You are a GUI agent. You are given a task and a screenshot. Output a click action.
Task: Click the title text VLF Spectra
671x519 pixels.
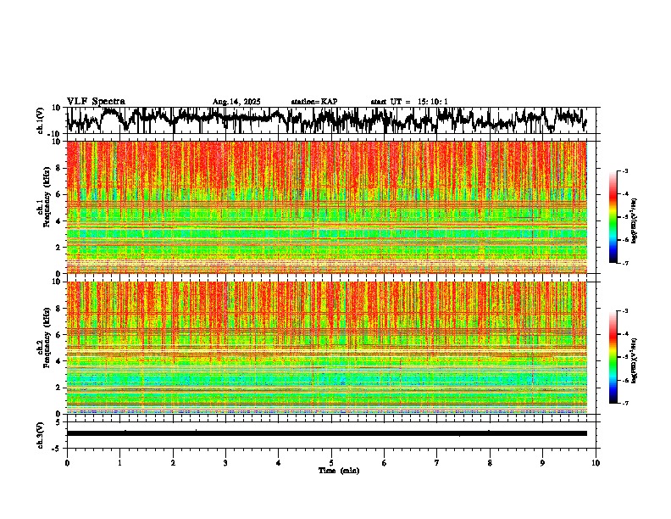coord(96,101)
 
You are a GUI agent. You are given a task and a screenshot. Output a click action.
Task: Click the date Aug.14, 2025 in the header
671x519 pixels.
coord(236,102)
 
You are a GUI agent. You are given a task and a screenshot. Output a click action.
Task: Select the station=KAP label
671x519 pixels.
coord(313,102)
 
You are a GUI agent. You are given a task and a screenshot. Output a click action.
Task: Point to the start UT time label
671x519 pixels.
coord(409,102)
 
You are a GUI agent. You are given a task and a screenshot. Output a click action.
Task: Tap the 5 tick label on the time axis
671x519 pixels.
coord(331,462)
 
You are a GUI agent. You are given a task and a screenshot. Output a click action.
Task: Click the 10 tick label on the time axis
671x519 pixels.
coord(596,462)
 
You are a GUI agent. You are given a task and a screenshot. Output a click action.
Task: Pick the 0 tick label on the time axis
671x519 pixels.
coord(67,462)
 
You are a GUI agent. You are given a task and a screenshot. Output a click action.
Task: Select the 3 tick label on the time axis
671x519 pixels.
coord(225,462)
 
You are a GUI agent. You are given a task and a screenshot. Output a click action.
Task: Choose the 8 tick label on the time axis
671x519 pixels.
coord(490,462)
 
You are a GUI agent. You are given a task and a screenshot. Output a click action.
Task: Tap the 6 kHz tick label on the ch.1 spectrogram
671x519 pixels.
coord(57,194)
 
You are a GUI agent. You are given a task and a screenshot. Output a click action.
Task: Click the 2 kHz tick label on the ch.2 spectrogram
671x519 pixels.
coord(57,387)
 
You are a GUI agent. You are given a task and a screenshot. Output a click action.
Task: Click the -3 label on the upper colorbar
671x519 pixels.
coord(624,171)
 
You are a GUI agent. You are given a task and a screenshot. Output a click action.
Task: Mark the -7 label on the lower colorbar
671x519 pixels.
coord(624,404)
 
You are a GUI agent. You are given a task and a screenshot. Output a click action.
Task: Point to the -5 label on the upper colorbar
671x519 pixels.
coord(624,217)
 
